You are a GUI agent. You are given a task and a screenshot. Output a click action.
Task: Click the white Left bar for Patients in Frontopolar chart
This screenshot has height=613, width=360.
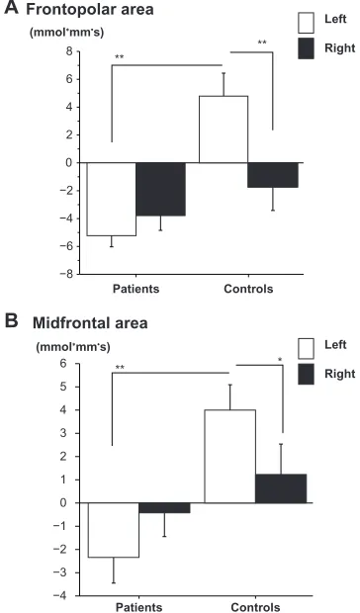click(x=112, y=199)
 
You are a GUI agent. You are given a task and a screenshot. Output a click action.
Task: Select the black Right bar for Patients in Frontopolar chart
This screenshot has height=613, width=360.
click(x=160, y=189)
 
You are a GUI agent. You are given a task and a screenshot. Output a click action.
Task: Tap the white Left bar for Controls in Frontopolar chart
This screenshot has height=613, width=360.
click(x=224, y=129)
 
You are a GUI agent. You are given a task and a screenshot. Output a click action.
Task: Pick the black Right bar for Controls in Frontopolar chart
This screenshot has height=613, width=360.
click(x=273, y=175)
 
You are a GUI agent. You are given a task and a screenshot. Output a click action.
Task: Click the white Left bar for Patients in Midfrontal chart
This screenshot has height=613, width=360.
click(x=114, y=530)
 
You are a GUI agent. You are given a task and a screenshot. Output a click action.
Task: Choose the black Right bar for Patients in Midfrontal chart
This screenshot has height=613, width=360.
click(x=164, y=507)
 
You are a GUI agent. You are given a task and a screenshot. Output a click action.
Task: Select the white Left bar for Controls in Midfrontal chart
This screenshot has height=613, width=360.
click(x=229, y=456)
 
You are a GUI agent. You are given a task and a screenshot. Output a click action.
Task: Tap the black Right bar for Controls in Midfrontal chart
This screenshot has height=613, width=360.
click(x=281, y=488)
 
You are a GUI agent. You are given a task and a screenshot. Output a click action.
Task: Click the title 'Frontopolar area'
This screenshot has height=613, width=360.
click(x=90, y=10)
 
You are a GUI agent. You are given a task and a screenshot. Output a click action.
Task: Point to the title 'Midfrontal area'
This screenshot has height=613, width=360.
click(x=90, y=323)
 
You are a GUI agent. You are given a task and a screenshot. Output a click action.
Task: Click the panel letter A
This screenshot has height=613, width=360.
click(x=11, y=8)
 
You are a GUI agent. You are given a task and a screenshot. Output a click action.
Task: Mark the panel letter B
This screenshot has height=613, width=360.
click(x=11, y=321)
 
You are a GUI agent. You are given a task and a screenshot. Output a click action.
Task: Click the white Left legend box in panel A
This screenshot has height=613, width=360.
click(x=306, y=23)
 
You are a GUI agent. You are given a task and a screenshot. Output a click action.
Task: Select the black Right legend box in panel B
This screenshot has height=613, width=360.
click(x=306, y=375)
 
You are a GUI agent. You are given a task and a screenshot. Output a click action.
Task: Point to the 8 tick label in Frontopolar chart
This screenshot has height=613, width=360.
click(x=69, y=51)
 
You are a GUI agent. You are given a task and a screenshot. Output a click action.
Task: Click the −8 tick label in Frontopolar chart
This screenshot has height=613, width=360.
click(x=65, y=275)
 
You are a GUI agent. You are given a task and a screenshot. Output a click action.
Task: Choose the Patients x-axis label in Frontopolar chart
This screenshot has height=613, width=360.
click(x=136, y=289)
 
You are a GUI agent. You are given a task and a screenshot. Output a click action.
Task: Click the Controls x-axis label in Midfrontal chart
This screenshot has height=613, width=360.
click(x=255, y=607)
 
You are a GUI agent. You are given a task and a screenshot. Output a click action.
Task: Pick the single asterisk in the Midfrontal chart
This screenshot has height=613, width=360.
click(x=280, y=360)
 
